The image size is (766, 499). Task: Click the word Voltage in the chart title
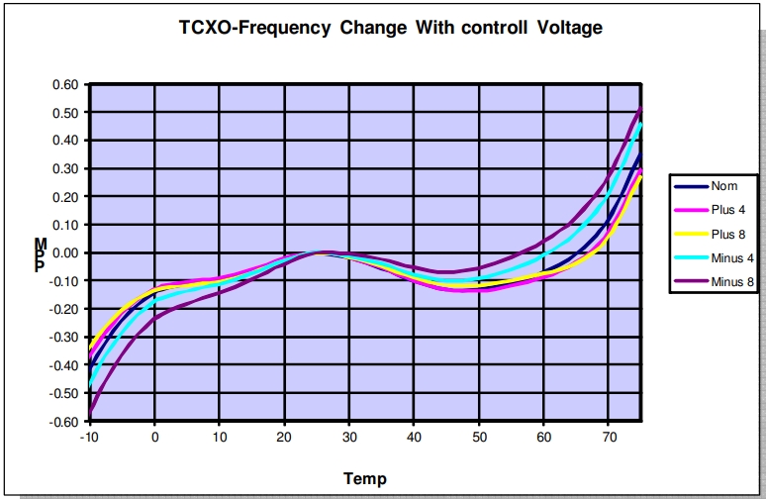pyautogui.click(x=566, y=28)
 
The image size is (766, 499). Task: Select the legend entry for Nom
pyautogui.click(x=722, y=185)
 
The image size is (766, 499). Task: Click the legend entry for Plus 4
pyautogui.click(x=728, y=209)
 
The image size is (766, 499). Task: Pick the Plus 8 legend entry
pyautogui.click(x=728, y=234)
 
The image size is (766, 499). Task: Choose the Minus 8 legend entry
pyautogui.click(x=733, y=282)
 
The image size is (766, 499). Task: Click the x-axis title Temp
pyautogui.click(x=365, y=479)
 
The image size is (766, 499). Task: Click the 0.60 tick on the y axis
pyautogui.click(x=64, y=85)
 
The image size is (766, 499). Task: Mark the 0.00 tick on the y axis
pyautogui.click(x=64, y=253)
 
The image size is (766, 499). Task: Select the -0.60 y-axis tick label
pyautogui.click(x=62, y=422)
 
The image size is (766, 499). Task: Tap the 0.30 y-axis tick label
pyautogui.click(x=64, y=169)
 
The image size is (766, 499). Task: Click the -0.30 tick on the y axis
pyautogui.click(x=62, y=338)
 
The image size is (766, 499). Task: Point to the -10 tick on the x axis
pyautogui.click(x=89, y=437)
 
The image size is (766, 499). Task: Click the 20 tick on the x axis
pyautogui.click(x=284, y=437)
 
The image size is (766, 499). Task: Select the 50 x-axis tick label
pyautogui.click(x=479, y=437)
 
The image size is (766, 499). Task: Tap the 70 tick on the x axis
pyautogui.click(x=609, y=437)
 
